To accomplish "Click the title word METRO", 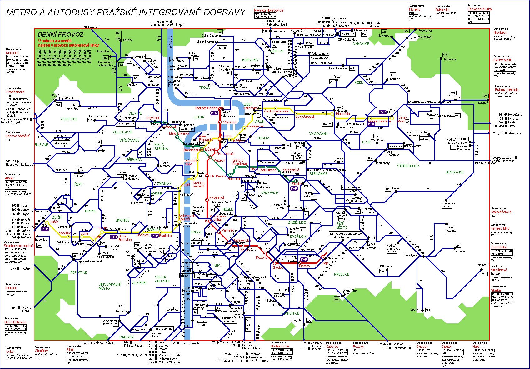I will pos(21,12).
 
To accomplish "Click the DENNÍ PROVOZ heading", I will pos(60,35).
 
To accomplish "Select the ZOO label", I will pos(195,93).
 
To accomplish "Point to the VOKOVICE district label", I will pos(69,119).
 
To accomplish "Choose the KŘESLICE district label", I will pos(342,274).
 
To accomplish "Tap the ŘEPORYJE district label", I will pos(78,272).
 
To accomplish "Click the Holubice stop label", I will pos(94,27).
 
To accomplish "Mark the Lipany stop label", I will pos(414,310).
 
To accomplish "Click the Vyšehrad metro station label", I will pos(216,198).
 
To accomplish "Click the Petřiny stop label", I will pos(102,151).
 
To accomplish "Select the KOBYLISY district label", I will pos(251,60).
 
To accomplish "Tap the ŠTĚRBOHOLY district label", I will pos(408,166).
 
